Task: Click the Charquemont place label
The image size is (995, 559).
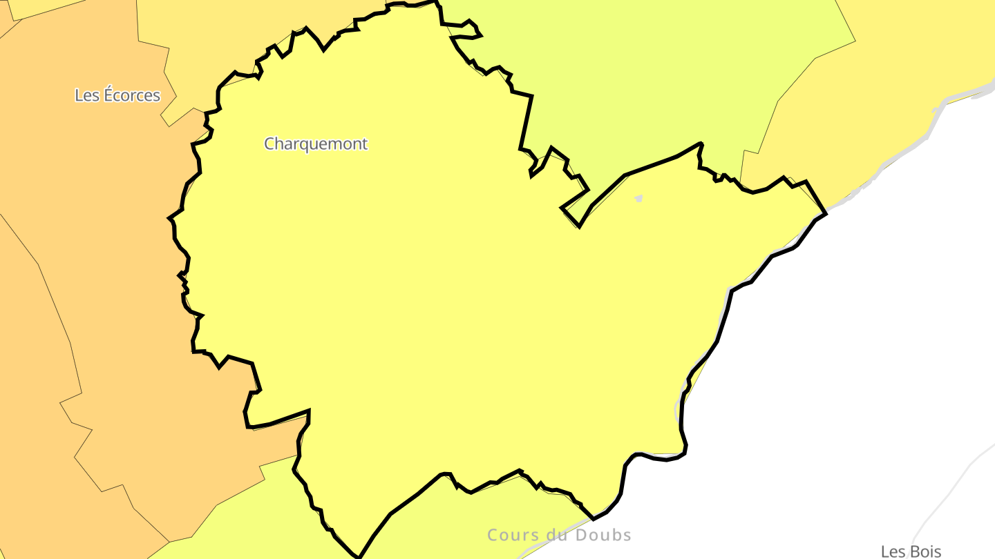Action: (316, 144)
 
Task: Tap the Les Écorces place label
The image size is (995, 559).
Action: (117, 95)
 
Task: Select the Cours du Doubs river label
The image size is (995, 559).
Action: (559, 535)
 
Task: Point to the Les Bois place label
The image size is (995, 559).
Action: (911, 551)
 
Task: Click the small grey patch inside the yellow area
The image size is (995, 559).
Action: (638, 199)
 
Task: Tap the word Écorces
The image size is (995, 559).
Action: (132, 95)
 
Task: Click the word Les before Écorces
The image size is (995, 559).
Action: (87, 95)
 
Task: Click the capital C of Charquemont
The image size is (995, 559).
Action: (269, 144)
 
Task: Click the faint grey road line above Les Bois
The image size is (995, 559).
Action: (954, 483)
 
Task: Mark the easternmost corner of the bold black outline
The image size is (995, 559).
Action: (826, 213)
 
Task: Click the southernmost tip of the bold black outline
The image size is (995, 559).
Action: (359, 556)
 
